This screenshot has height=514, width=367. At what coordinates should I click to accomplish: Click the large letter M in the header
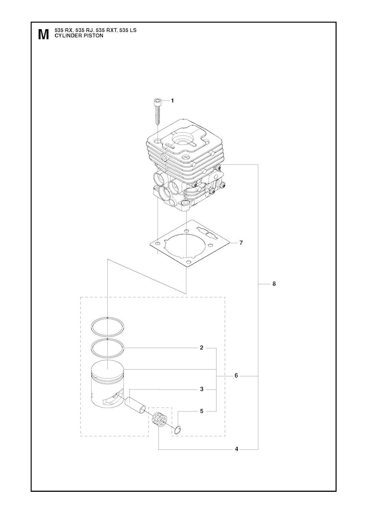click(x=44, y=35)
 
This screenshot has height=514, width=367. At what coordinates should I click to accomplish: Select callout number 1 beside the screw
click(x=172, y=101)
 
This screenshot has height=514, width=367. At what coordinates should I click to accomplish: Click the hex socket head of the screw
click(x=157, y=101)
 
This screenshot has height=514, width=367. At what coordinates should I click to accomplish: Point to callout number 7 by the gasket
click(x=241, y=243)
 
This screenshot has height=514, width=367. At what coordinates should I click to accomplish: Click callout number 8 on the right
click(x=274, y=284)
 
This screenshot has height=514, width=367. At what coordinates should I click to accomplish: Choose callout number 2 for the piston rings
click(x=201, y=354)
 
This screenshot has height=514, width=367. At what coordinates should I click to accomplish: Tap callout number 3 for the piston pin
click(x=202, y=389)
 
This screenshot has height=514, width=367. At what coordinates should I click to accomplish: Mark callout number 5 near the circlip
click(x=202, y=411)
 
